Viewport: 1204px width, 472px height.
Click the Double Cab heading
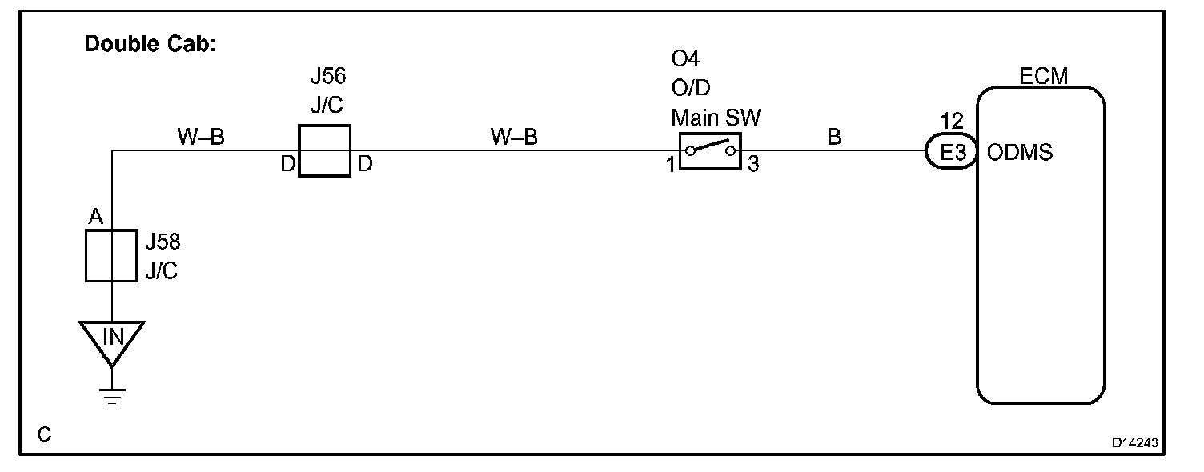click(x=150, y=44)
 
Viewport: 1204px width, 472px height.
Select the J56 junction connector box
click(x=324, y=150)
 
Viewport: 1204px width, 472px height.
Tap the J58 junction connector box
click(x=111, y=256)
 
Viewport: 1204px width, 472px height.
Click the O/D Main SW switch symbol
click(x=710, y=151)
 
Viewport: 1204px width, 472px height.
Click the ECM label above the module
click(x=1043, y=77)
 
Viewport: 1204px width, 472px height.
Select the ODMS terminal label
click(x=1021, y=152)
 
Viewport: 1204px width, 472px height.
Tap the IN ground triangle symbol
click(x=112, y=338)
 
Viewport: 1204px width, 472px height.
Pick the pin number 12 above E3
click(x=953, y=122)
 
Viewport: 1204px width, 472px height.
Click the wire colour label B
click(x=834, y=138)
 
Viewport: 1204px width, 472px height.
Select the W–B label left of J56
click(x=200, y=138)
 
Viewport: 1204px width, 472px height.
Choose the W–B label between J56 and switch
click(x=514, y=138)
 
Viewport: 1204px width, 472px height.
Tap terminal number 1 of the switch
click(x=669, y=166)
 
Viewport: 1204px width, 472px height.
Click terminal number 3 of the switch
click(x=752, y=166)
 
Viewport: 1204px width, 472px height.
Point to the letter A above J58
click(x=95, y=217)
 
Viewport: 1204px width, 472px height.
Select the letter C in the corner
click(x=45, y=434)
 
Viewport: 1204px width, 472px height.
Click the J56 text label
click(x=327, y=78)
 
